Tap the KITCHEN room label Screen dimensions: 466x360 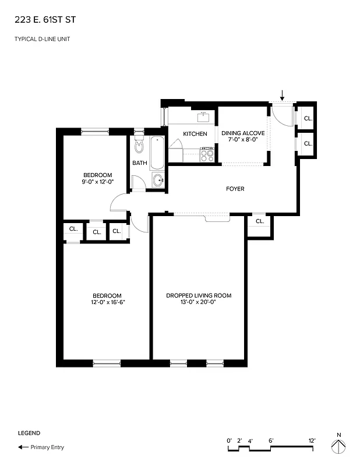click(195, 134)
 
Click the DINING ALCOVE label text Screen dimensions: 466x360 click(243, 133)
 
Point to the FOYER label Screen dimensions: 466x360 click(235, 189)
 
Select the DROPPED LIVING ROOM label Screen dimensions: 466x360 click(199, 296)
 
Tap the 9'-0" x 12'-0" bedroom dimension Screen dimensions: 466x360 click(97, 182)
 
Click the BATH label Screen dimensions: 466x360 click(140, 163)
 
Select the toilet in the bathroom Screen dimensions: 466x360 click(139, 144)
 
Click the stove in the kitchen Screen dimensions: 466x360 click(207, 154)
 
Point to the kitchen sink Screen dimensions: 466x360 click(203, 117)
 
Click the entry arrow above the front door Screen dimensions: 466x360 click(283, 94)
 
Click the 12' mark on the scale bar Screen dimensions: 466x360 click(312, 440)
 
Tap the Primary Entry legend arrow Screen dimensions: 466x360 click(23, 447)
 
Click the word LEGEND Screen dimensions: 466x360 click(29, 433)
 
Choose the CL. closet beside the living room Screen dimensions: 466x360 click(260, 221)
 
